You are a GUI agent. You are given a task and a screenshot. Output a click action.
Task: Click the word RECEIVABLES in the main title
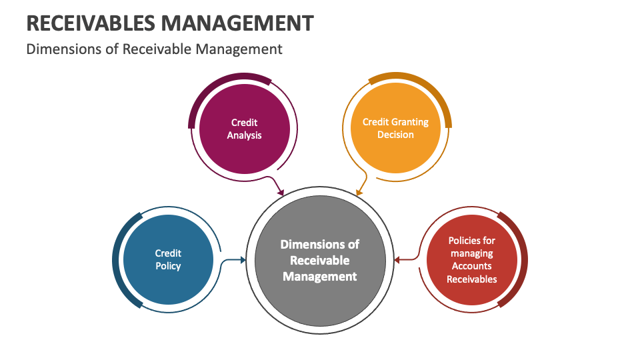click(x=91, y=23)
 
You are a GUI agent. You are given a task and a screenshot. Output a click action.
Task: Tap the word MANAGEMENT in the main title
click(x=237, y=23)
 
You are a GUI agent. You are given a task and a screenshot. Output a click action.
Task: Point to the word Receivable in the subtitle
click(x=157, y=49)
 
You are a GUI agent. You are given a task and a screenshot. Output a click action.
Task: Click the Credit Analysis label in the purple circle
click(x=244, y=129)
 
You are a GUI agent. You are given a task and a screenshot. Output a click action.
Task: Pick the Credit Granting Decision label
click(x=395, y=128)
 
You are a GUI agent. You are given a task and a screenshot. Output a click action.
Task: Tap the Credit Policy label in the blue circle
click(x=168, y=259)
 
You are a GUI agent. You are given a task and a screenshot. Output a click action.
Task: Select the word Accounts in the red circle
click(x=472, y=266)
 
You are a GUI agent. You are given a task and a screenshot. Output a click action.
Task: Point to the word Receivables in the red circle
click(x=472, y=279)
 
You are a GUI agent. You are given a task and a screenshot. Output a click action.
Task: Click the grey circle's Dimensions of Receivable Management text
click(x=320, y=261)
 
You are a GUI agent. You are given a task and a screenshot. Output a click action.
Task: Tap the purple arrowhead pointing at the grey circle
click(x=280, y=192)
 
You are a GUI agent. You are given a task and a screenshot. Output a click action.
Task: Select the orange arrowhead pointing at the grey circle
click(x=359, y=192)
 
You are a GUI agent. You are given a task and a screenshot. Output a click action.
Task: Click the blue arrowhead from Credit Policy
click(x=243, y=260)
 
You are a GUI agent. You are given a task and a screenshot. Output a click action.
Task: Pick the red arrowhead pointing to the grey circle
click(x=397, y=260)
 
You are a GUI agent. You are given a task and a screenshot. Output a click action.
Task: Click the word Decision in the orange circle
click(x=395, y=135)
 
